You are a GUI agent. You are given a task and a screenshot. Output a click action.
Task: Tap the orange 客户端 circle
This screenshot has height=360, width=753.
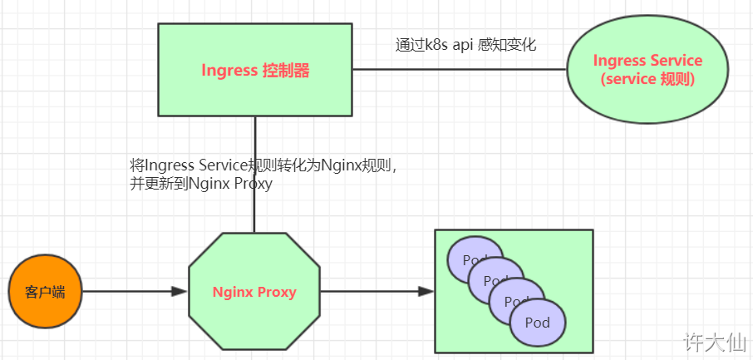(x=46, y=292)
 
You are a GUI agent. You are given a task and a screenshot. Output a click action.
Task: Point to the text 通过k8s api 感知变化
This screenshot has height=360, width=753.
(x=465, y=45)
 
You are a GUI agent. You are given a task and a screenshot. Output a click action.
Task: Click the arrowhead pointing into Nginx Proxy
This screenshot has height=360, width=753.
(x=180, y=292)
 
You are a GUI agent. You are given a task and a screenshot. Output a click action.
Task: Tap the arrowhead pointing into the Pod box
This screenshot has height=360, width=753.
(x=426, y=292)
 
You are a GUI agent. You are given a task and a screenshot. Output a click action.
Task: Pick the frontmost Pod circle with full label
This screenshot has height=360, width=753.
(x=538, y=323)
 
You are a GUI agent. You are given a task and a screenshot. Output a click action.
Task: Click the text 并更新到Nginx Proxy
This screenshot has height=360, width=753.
(x=201, y=185)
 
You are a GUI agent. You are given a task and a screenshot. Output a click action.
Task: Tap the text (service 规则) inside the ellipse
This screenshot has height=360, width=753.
(x=647, y=80)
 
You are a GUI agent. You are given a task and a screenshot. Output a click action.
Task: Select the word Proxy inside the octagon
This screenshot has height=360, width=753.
(x=278, y=292)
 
